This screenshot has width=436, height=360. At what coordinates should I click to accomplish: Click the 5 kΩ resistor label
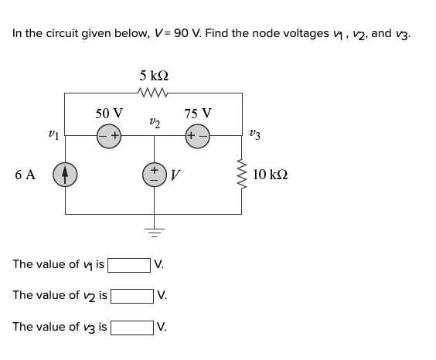click(155, 76)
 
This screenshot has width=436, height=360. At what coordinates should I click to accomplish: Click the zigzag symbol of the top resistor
click(155, 93)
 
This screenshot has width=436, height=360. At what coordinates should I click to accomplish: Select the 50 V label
click(109, 114)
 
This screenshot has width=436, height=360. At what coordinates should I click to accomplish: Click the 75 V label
click(199, 114)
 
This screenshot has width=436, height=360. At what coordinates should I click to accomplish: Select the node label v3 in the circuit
click(257, 134)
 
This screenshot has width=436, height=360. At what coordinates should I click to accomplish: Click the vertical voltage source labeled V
click(155, 174)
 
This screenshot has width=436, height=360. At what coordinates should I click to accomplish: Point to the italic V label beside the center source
click(175, 175)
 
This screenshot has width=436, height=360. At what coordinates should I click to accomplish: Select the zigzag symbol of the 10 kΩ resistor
click(244, 175)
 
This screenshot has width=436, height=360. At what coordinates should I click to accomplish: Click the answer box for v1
click(129, 265)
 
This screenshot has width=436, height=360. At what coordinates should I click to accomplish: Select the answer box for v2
click(133, 296)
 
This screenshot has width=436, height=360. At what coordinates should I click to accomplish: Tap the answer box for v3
click(133, 327)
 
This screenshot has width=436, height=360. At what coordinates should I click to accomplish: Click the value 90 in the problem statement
click(187, 33)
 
